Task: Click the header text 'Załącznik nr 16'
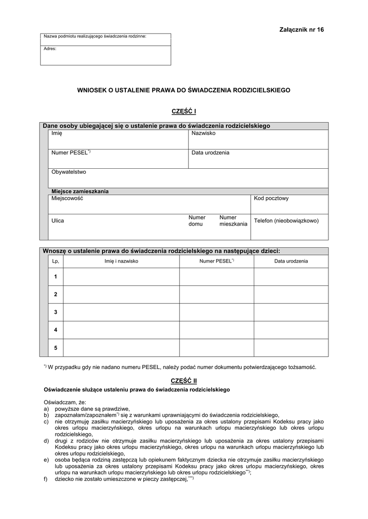pos(301,30)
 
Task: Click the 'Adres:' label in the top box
pos(50,49)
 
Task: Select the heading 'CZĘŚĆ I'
pos(184,112)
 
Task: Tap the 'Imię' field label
pos(56,133)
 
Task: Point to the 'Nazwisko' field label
pos(204,133)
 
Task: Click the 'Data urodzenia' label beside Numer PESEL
pos(210,153)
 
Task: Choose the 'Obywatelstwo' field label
pos(69,172)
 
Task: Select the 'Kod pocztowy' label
pos(271,198)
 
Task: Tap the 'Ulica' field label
pos(58,221)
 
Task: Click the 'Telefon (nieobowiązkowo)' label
pos(286,221)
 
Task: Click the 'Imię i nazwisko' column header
pos(121,262)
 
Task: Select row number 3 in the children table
pos(55,312)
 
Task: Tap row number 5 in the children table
pos(55,348)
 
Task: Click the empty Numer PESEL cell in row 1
pos(216,277)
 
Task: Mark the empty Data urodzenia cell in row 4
pos(291,330)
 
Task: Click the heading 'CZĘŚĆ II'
pos(184,380)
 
